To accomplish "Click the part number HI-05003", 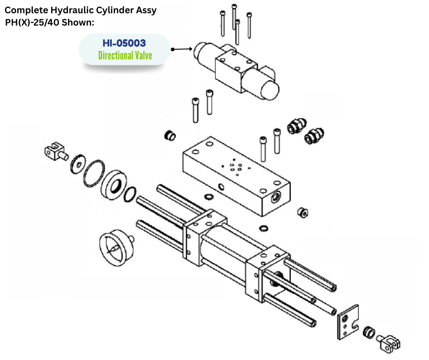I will (x=124, y=43).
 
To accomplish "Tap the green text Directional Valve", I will (x=125, y=56).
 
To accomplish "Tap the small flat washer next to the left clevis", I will (x=75, y=163).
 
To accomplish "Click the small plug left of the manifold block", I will (x=170, y=136).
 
